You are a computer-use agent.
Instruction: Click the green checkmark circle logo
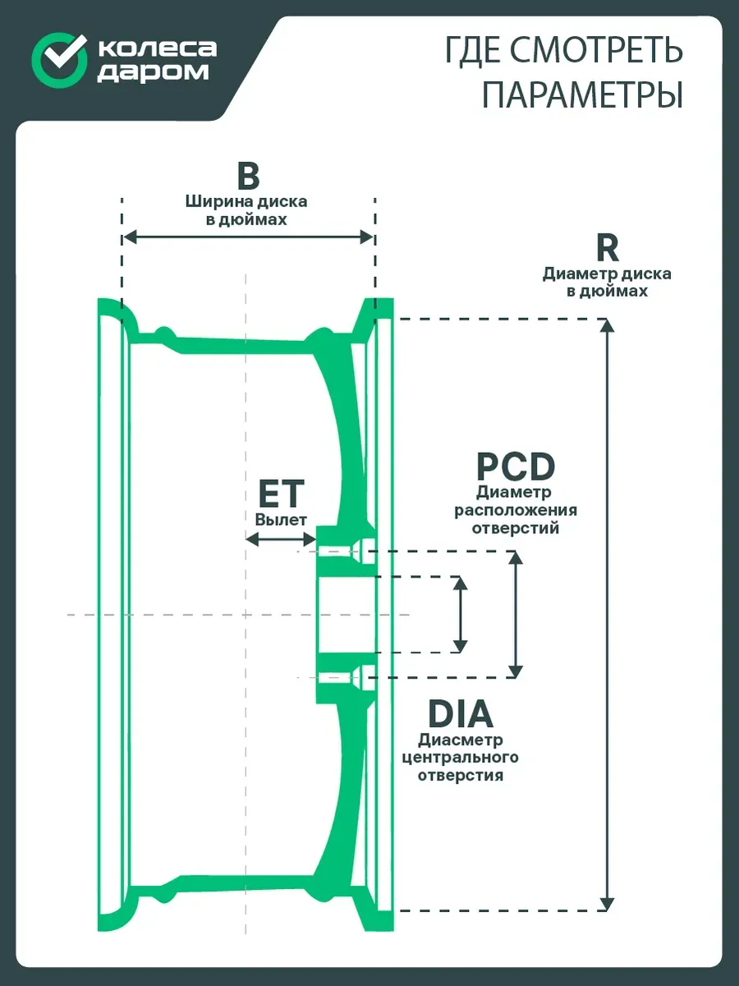coord(58,60)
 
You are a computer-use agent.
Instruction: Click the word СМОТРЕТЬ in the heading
coord(597,50)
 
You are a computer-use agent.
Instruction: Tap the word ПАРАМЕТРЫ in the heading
coord(582,94)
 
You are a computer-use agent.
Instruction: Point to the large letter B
coord(248,176)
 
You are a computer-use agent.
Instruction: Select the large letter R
coord(608,248)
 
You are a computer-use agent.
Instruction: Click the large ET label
coord(282,494)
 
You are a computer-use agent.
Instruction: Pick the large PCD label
coord(516,468)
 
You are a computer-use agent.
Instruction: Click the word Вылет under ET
coord(281,520)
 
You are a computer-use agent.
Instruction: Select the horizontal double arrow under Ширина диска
coord(248,237)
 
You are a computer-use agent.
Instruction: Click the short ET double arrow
coord(282,539)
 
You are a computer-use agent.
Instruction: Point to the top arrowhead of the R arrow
coord(607,325)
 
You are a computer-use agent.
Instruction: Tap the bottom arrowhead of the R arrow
coord(607,904)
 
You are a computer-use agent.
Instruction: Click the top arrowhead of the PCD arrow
coord(516,557)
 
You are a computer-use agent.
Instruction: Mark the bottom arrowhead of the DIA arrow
coord(460,646)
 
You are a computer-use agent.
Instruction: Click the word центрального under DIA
coord(461,758)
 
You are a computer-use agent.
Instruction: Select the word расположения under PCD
coord(516,511)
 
